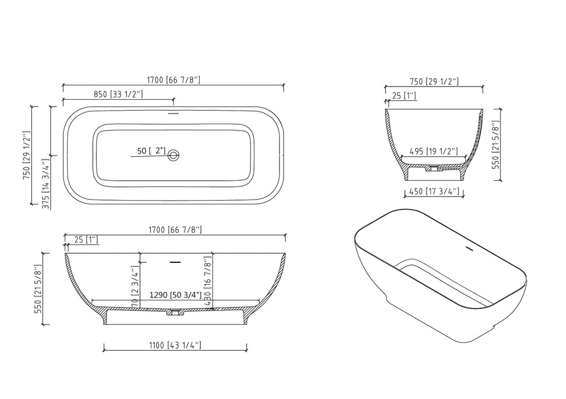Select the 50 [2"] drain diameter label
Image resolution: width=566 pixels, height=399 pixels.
coord(151,151)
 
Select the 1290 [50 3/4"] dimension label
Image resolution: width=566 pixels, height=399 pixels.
coord(173,296)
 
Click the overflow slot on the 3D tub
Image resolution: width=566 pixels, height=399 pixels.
coord(470,249)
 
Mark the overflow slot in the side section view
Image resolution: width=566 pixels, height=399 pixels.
coord(175,262)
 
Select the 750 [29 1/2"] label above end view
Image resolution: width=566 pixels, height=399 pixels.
coord(433,82)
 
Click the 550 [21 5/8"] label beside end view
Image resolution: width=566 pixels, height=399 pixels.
coord(495,145)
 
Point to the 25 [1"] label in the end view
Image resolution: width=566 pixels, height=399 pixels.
coord(404,96)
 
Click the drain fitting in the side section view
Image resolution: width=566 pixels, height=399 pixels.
coord(174,312)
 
